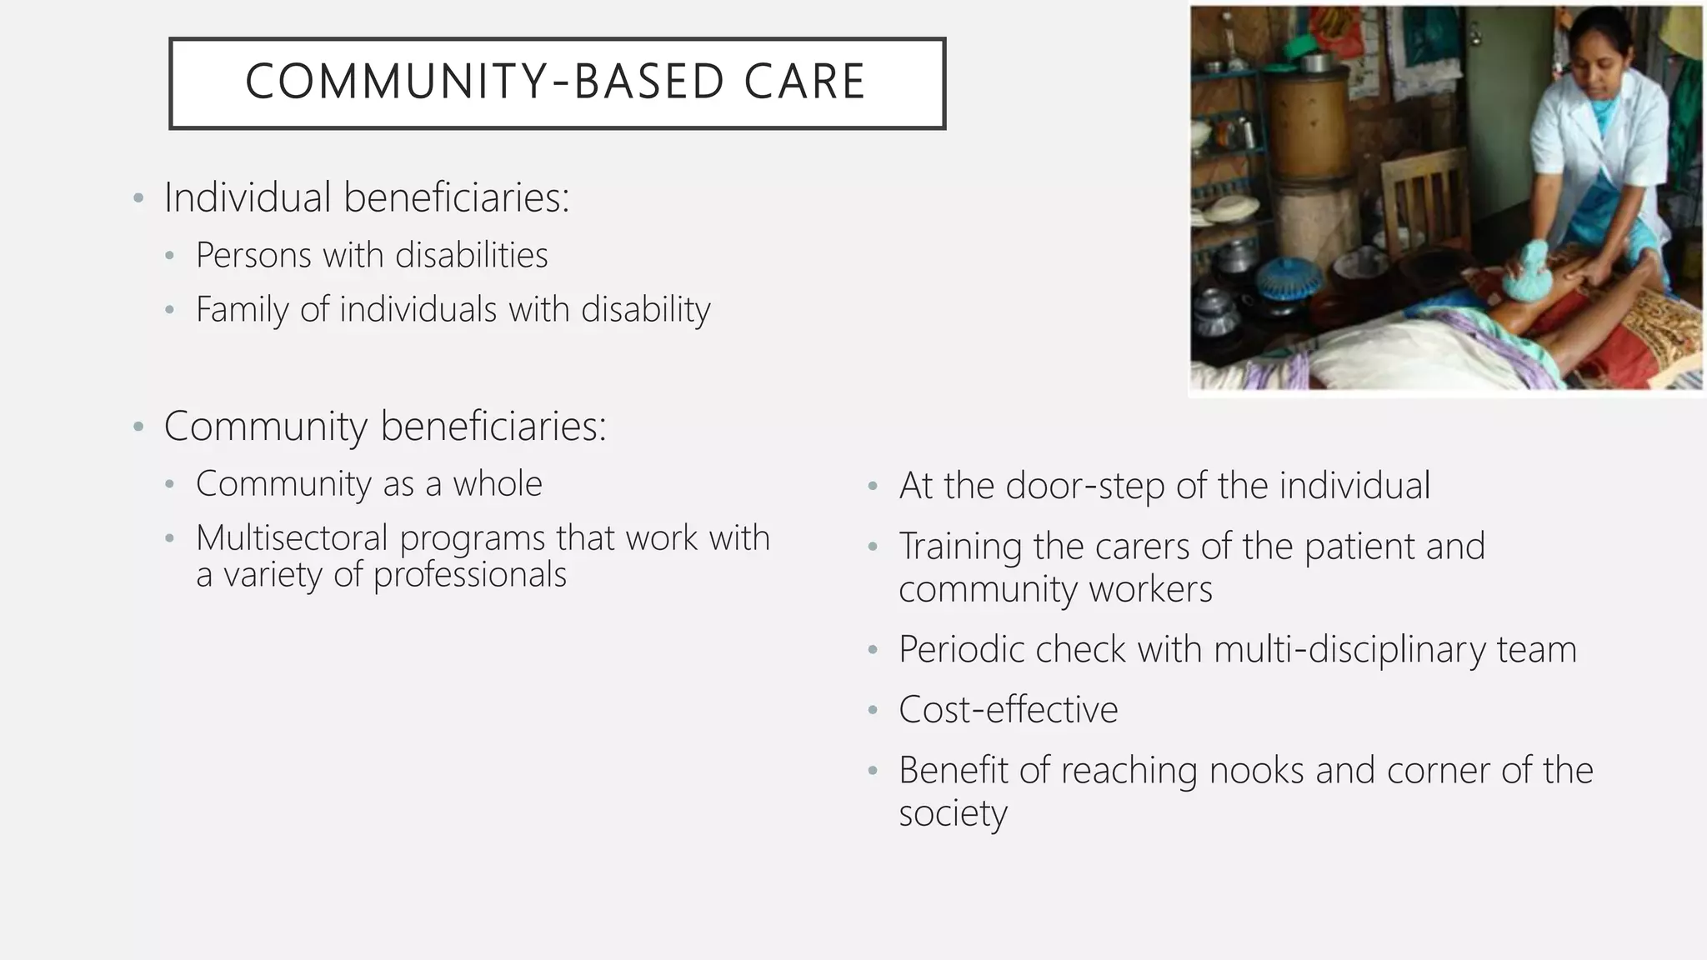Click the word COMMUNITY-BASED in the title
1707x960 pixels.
(x=484, y=82)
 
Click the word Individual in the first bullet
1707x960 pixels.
(x=248, y=197)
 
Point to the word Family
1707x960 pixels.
(x=242, y=310)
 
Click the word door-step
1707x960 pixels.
(x=1084, y=486)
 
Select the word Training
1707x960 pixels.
(x=959, y=547)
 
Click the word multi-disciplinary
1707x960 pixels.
(x=1349, y=650)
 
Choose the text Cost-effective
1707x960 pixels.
(x=1008, y=710)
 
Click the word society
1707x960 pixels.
(x=953, y=813)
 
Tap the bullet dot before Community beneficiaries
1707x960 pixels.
(x=138, y=427)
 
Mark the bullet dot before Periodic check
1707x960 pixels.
(x=873, y=650)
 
